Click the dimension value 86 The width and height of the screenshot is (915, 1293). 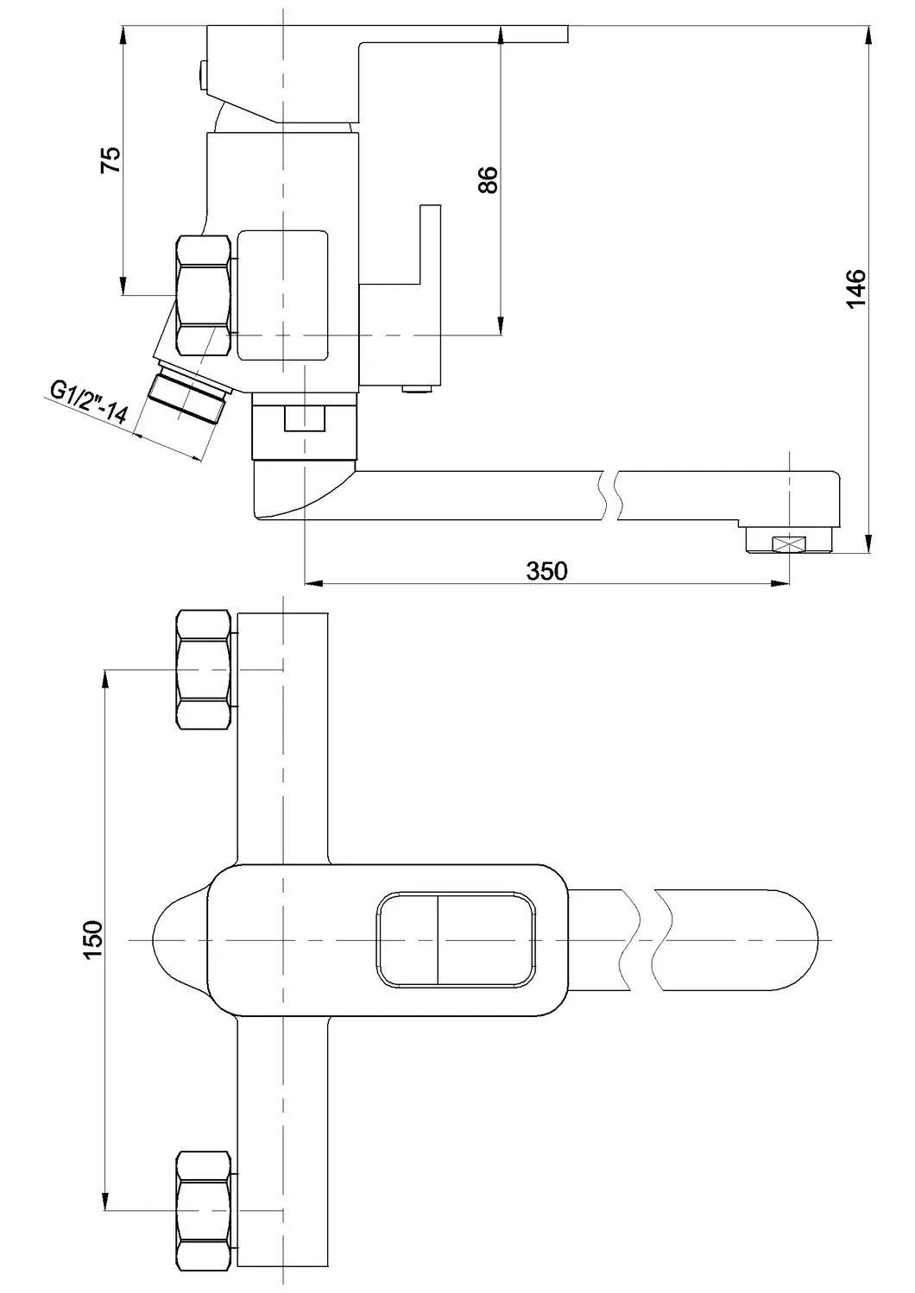[488, 179]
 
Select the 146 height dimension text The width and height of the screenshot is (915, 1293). [855, 287]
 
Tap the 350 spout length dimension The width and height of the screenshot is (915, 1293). [547, 570]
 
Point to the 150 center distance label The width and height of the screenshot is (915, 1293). [93, 938]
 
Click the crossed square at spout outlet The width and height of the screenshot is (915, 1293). [788, 543]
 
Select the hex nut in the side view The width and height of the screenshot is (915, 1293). [204, 296]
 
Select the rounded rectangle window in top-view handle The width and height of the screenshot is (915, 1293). [456, 938]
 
